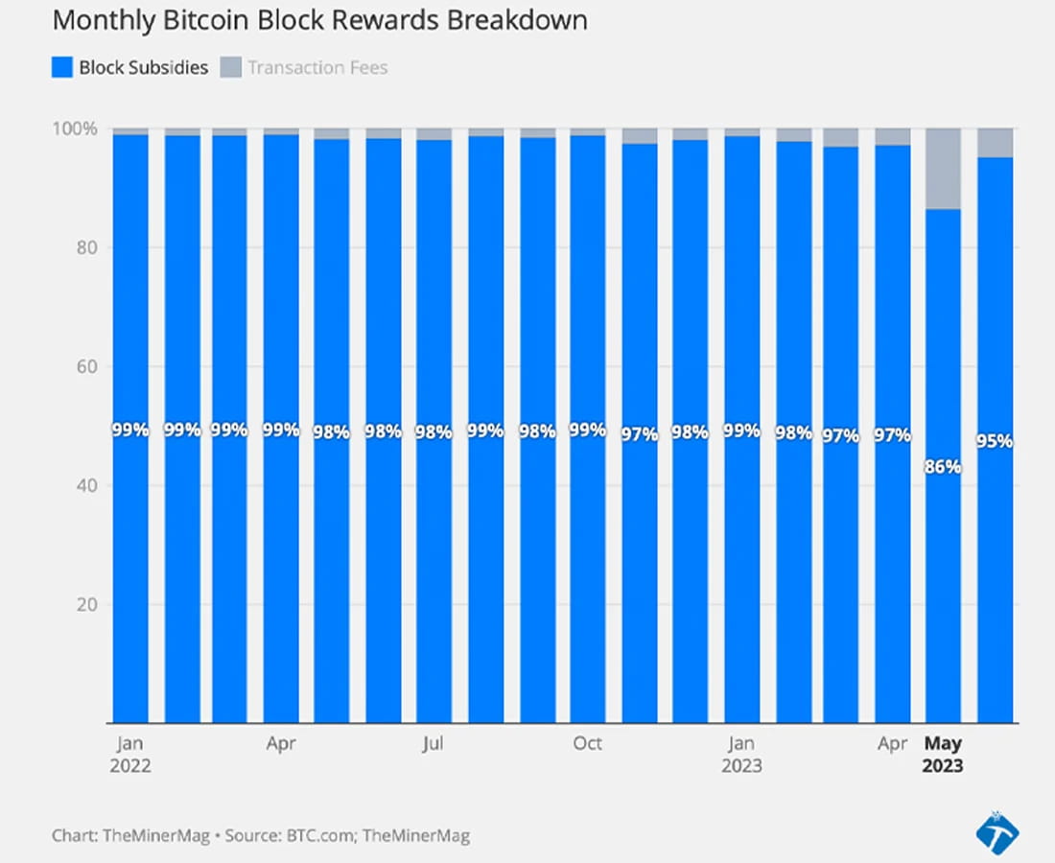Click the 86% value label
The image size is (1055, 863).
[x=943, y=468]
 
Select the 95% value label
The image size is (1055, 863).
[x=995, y=442]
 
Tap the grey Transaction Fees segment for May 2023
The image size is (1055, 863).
[x=943, y=169]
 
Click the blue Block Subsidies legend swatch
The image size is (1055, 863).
[x=62, y=67]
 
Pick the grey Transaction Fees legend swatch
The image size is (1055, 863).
[x=230, y=67]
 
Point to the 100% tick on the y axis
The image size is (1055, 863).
[x=76, y=128]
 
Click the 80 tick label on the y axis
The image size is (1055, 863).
[x=87, y=247]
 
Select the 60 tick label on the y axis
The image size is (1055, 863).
[x=87, y=366]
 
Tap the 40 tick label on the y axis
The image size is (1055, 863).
[x=87, y=485]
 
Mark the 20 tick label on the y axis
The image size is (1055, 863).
[x=87, y=604]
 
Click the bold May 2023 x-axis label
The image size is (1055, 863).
[x=944, y=755]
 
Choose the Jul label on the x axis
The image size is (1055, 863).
[x=434, y=743]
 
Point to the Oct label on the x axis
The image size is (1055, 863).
[x=587, y=743]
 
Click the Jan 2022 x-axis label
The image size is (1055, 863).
[x=130, y=755]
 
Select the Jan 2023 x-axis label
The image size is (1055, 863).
[x=741, y=755]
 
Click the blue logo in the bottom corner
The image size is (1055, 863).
[x=996, y=831]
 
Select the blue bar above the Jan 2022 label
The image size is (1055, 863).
[x=130, y=431]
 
